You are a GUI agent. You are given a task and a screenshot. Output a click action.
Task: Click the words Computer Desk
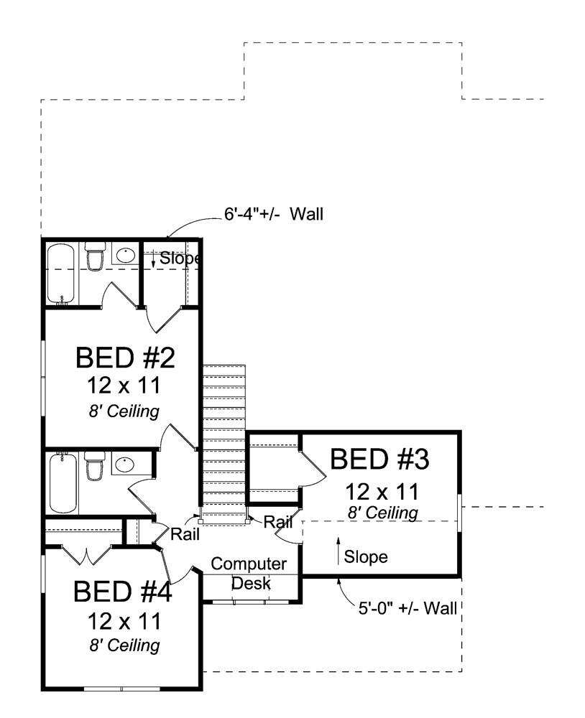[x=249, y=573]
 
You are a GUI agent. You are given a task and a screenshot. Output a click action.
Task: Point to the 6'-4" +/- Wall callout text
[x=270, y=213]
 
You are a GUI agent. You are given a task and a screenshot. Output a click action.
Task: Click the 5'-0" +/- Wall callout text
[x=407, y=609]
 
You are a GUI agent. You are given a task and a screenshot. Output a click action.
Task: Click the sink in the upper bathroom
[x=126, y=255]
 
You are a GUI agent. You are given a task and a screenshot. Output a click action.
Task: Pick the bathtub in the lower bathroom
[x=62, y=482]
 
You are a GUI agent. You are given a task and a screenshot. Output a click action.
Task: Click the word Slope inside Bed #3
[x=366, y=556]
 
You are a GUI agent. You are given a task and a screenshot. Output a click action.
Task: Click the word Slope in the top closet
[x=178, y=258]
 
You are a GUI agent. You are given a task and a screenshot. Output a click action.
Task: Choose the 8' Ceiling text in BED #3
[x=382, y=513]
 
